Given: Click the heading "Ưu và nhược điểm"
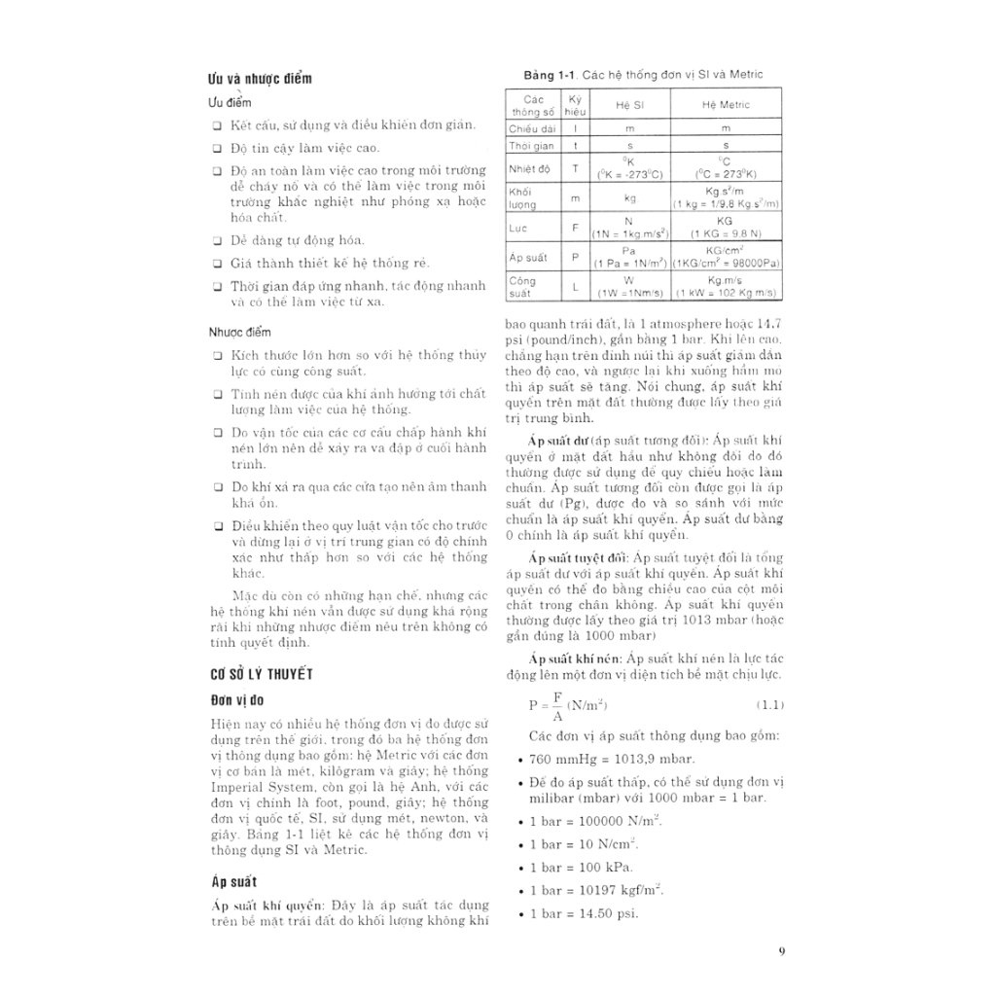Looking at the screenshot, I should point(261,79).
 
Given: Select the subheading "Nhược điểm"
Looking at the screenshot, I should point(239,332).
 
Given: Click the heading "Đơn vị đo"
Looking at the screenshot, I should point(237,700).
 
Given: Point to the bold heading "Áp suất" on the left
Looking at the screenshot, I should point(234,881).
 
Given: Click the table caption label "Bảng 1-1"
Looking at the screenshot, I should point(551,74).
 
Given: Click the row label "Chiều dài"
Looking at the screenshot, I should point(531,128).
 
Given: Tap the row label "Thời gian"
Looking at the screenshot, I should point(531,146).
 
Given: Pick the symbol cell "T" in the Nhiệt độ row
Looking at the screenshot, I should point(575,168).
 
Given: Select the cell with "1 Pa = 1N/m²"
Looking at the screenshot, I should point(630,264).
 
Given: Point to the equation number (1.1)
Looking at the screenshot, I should point(770,704).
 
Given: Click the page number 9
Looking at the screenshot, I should point(781,952).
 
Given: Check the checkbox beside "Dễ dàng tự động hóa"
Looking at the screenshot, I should point(217,240).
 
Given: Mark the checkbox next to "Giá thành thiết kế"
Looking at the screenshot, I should point(217,264).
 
